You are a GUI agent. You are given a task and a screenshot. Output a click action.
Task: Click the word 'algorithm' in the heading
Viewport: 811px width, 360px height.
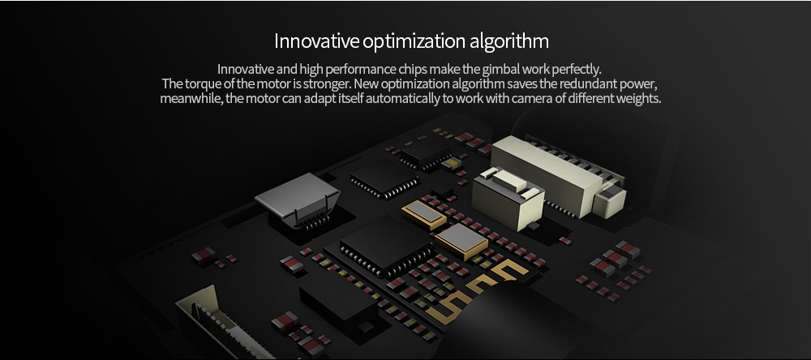509,41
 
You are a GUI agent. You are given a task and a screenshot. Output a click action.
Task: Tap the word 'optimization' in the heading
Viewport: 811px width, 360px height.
414,41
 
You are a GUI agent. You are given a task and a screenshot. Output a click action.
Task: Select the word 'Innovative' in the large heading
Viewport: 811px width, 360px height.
316,41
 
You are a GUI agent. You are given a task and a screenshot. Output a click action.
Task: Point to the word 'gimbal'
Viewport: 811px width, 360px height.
483,69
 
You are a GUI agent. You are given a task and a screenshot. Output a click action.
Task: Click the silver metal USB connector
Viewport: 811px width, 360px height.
298,200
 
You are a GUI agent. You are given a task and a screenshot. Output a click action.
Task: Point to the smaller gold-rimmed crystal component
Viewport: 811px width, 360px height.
423,214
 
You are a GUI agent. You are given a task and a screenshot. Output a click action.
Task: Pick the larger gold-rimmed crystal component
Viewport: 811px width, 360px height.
461,242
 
